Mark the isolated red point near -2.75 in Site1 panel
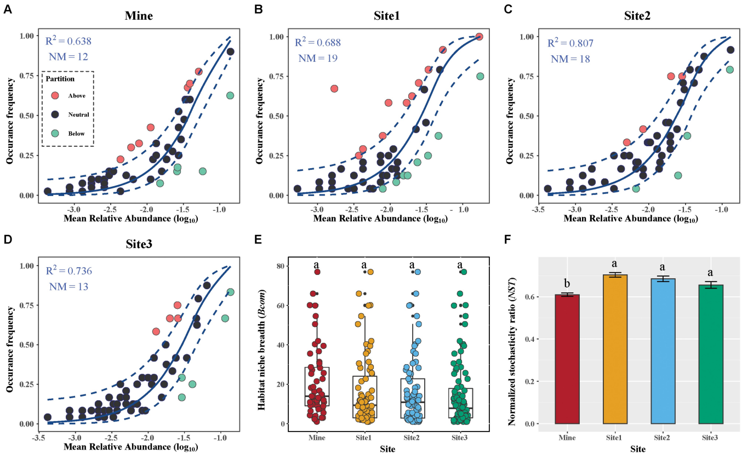coord(334,89)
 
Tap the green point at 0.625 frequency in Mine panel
coord(230,95)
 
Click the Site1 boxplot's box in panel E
coord(364,397)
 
